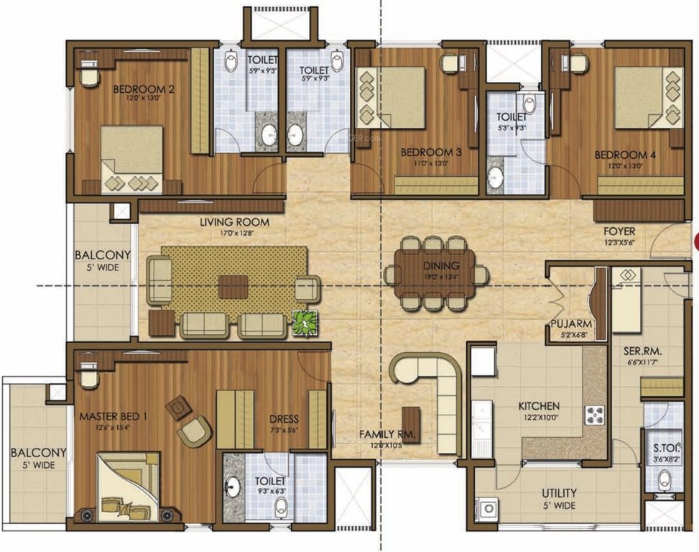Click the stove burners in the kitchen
[x=596, y=415]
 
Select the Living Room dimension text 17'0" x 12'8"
[x=227, y=233]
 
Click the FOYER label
[x=619, y=232]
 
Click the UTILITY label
[x=558, y=493]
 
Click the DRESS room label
[x=284, y=419]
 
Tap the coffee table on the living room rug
[x=233, y=285]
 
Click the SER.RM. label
[x=642, y=351]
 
